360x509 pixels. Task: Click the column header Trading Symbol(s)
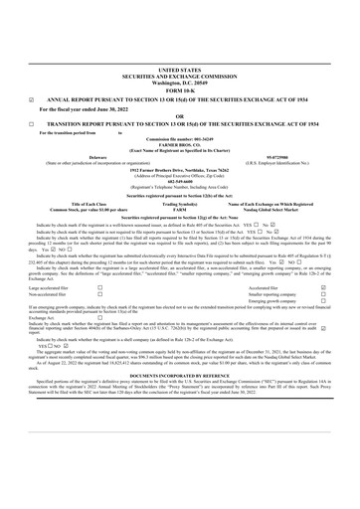(x=179, y=203)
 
